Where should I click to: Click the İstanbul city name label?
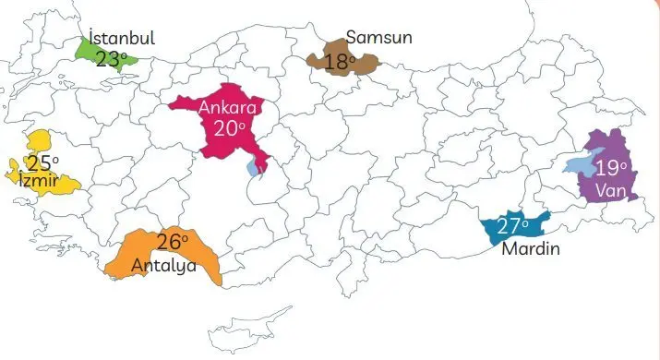pos(122,38)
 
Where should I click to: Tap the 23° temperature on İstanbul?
pos(112,58)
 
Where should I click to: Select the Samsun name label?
pos(378,38)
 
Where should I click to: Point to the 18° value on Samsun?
pos(341,63)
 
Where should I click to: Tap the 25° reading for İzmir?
pos(42,163)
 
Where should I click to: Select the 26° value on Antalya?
pos(172,243)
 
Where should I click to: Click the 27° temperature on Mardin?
pos(511,226)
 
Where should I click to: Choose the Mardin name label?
pos(531,248)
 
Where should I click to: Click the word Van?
pos(610,190)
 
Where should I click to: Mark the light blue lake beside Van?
pos(580,166)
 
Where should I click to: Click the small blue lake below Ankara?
pos(254,169)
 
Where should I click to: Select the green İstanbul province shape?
pos(89,53)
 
